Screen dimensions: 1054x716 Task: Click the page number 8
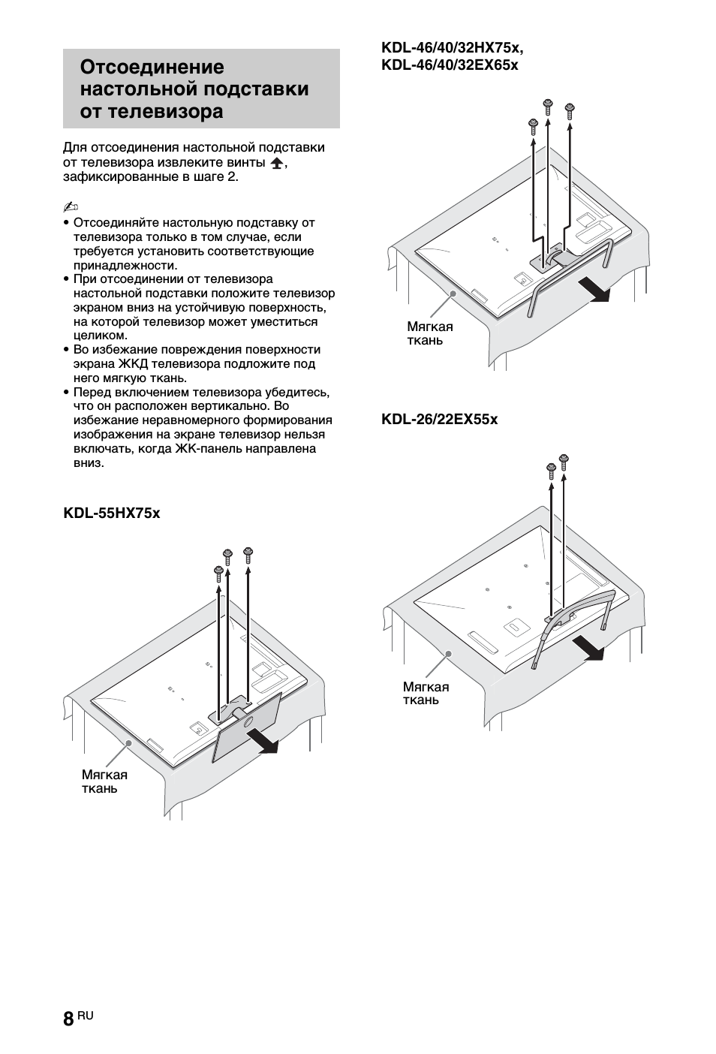pyautogui.click(x=68, y=1019)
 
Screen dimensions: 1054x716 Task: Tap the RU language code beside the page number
pyautogui.click(x=86, y=1015)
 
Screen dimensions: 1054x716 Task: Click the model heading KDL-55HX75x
pyautogui.click(x=111, y=513)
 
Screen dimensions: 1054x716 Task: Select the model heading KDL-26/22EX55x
pyautogui.click(x=439, y=419)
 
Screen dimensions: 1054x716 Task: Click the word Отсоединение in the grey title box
pyautogui.click(x=152, y=68)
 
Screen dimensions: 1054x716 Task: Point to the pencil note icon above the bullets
pyautogui.click(x=71, y=206)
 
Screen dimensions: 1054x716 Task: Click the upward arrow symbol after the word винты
pyautogui.click(x=276, y=164)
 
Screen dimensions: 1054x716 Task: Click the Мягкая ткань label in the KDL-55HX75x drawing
pyautogui.click(x=104, y=781)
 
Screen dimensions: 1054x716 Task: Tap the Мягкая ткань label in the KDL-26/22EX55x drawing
pyautogui.click(x=426, y=694)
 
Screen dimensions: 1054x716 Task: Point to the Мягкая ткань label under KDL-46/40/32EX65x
pyautogui.click(x=430, y=333)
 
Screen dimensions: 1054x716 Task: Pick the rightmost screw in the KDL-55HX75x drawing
pyautogui.click(x=248, y=556)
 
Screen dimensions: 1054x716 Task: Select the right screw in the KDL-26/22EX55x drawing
pyautogui.click(x=564, y=460)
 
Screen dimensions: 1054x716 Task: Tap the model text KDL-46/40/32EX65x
pyautogui.click(x=450, y=65)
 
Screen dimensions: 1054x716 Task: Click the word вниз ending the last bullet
pyautogui.click(x=89, y=463)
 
